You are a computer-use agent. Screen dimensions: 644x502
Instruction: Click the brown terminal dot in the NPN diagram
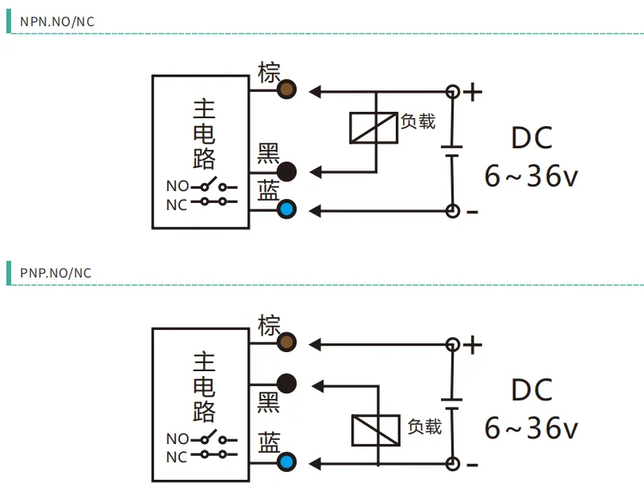[x=286, y=89]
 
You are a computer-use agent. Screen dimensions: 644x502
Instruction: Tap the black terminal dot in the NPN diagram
[x=286, y=172]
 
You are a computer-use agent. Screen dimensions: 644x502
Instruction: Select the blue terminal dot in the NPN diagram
[x=286, y=209]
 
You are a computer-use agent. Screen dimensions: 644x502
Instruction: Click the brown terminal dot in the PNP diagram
[x=286, y=342]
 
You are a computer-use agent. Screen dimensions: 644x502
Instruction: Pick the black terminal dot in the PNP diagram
[x=286, y=383]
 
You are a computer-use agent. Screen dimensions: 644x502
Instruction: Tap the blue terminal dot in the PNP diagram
[x=286, y=462]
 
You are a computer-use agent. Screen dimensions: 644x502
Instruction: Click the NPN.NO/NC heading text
[x=57, y=21]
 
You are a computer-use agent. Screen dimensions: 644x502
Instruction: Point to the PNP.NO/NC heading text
[x=56, y=273]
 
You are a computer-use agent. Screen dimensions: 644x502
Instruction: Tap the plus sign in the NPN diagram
[x=473, y=92]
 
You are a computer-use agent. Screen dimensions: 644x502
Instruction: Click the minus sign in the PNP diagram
[x=473, y=465]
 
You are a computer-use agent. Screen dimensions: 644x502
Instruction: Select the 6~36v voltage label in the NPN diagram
[x=531, y=176]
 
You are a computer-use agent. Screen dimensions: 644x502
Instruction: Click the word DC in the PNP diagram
[x=531, y=389]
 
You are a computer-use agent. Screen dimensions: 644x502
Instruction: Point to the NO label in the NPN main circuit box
[x=178, y=186]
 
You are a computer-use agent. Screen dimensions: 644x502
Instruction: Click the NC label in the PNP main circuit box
[x=177, y=458]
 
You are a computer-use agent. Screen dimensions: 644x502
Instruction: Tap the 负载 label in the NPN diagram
[x=418, y=121]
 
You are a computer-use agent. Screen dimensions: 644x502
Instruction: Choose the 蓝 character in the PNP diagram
[x=269, y=442]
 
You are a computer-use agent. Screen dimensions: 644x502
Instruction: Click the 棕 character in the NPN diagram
[x=269, y=72]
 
